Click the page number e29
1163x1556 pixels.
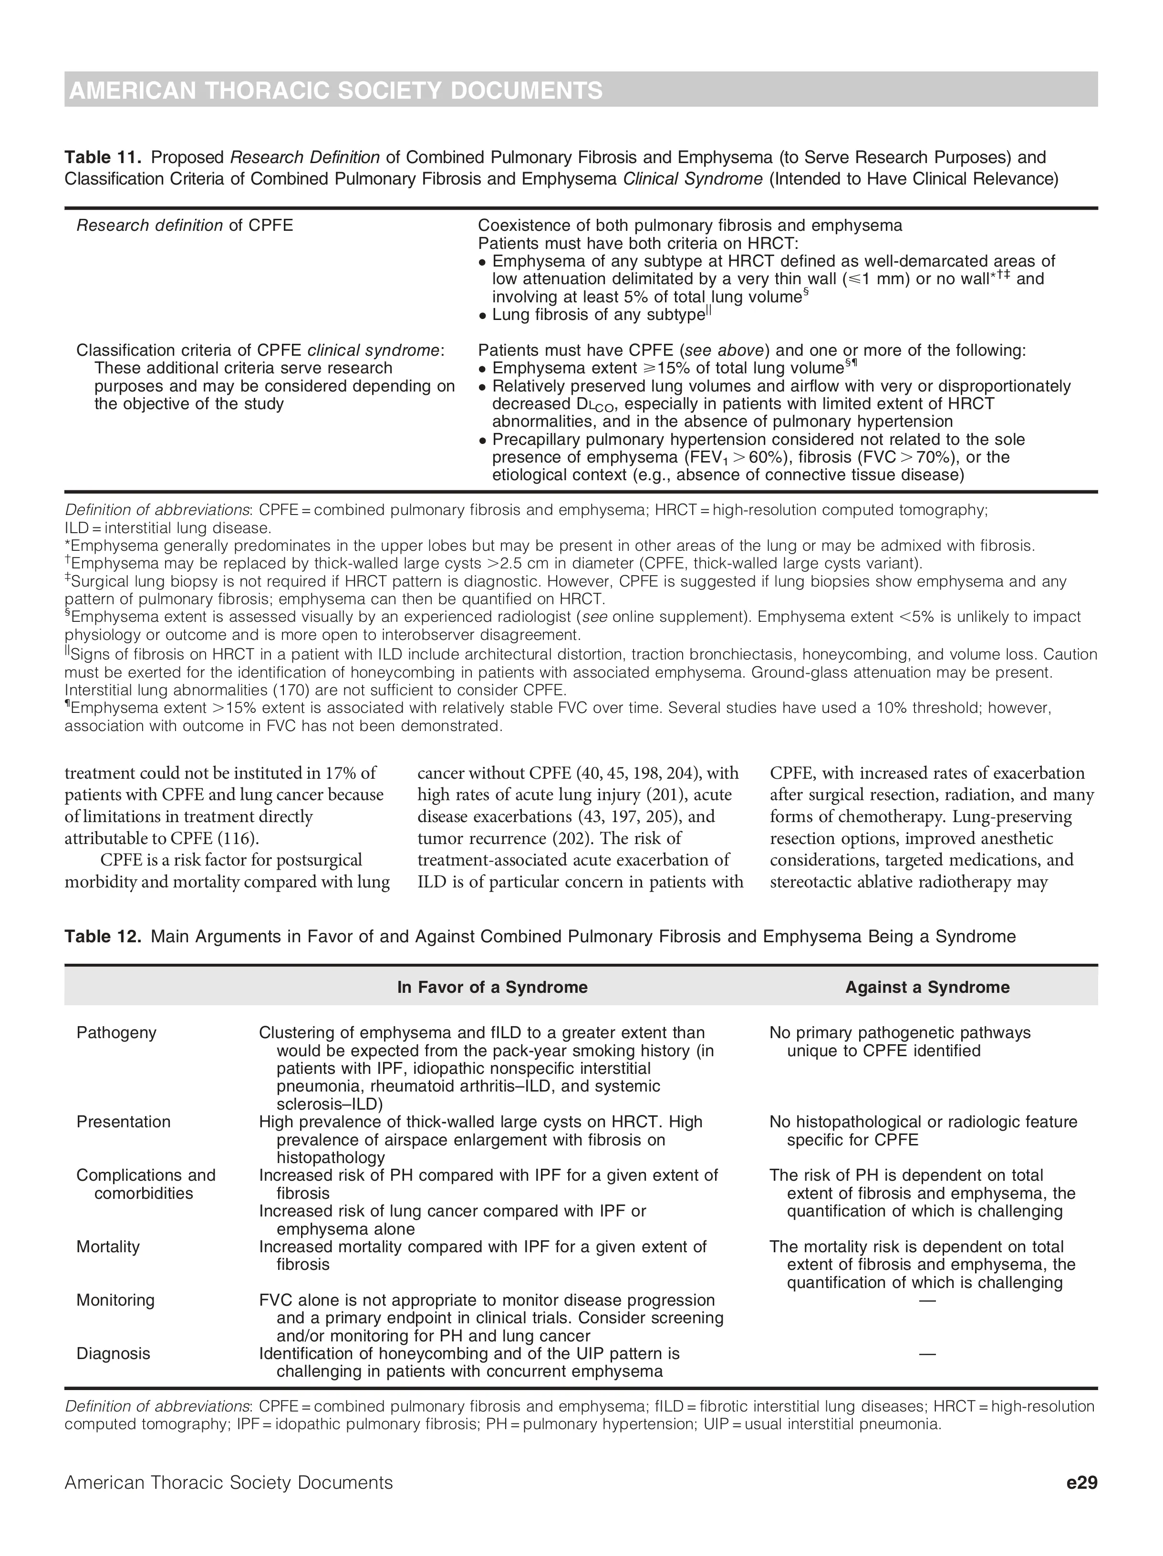(1081, 1482)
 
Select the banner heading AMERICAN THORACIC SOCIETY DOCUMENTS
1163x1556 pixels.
(336, 91)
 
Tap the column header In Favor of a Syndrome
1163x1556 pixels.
(492, 987)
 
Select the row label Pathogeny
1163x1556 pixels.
(116, 1032)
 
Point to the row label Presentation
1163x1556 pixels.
(123, 1121)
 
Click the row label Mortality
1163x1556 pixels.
(108, 1247)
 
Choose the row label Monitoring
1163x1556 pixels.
(115, 1300)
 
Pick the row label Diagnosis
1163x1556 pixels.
(113, 1353)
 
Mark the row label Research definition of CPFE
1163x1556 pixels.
(184, 225)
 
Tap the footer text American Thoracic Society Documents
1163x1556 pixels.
(228, 1482)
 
